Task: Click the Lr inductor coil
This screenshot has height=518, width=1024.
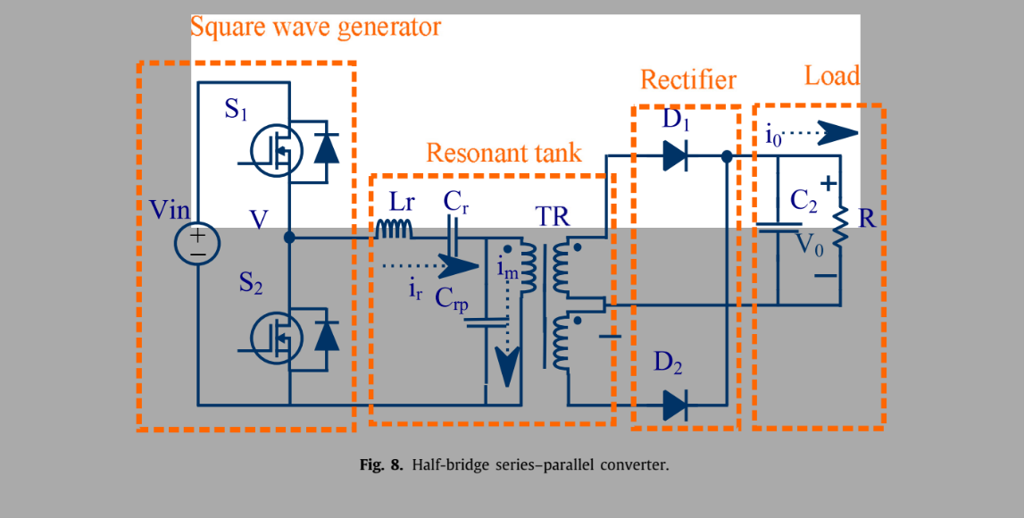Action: [394, 230]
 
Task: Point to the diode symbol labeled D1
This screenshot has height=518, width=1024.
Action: [675, 157]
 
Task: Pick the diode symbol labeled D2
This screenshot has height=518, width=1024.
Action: [675, 405]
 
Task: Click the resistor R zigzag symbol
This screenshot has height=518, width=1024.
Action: [839, 228]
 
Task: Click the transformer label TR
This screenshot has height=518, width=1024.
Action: [553, 217]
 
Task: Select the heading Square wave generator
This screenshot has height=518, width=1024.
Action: [315, 27]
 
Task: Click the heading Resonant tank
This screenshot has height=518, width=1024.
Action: [504, 153]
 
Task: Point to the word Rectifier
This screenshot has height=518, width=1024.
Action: [688, 80]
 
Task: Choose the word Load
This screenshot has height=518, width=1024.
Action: [831, 76]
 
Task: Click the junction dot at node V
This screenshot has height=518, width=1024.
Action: [288, 238]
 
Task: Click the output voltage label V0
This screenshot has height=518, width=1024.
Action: [810, 244]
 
